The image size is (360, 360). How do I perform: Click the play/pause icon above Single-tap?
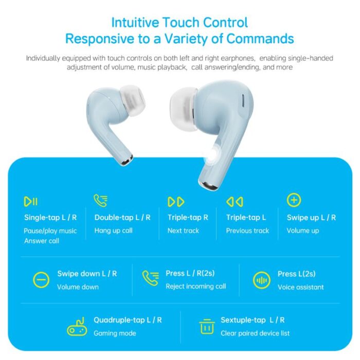click(x=30, y=202)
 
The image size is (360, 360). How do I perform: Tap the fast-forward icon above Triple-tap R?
click(x=176, y=202)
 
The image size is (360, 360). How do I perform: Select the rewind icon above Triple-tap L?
click(x=235, y=202)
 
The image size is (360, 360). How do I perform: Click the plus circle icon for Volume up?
click(x=294, y=200)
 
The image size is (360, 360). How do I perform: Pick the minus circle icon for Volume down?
click(x=41, y=280)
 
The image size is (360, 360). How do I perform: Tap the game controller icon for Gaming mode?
click(x=77, y=327)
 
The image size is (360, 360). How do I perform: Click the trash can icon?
click(x=207, y=327)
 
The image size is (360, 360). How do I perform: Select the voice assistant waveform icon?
click(x=261, y=280)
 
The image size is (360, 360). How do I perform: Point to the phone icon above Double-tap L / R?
click(x=101, y=201)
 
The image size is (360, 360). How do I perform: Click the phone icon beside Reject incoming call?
click(x=150, y=278)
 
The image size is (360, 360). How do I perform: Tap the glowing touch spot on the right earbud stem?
click(x=212, y=154)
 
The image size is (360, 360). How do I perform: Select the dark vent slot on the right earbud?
click(x=243, y=101)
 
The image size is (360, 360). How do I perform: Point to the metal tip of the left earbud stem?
click(x=127, y=160)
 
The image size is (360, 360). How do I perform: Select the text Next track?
click(x=183, y=230)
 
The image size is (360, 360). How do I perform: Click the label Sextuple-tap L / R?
click(x=253, y=320)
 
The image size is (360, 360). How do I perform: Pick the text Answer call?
click(x=42, y=241)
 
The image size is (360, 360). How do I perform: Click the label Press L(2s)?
click(x=296, y=274)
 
